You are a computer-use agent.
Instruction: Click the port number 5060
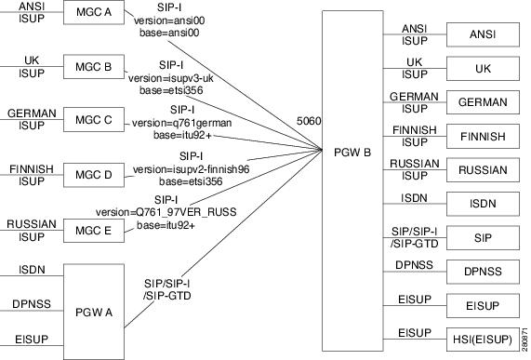click(304, 121)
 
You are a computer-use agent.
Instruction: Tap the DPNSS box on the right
click(482, 272)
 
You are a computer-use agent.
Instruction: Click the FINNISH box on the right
click(482, 136)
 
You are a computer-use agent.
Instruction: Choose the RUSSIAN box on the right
click(482, 170)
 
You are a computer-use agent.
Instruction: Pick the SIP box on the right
click(482, 238)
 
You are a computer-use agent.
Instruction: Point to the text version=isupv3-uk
click(173, 78)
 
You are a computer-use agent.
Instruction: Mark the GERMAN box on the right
click(482, 102)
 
